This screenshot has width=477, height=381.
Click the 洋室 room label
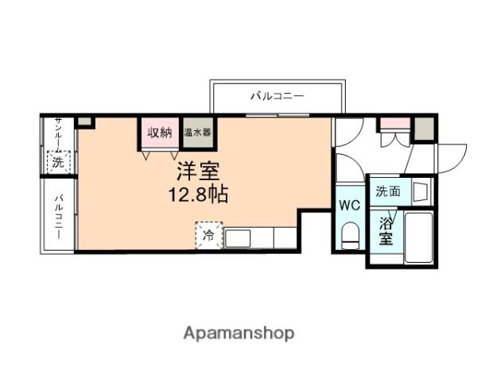tap(198, 171)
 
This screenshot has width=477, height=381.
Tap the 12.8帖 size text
tap(198, 194)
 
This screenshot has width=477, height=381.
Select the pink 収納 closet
tap(160, 133)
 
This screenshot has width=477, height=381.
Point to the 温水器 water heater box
tap(197, 133)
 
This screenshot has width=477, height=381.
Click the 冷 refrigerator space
tap(208, 236)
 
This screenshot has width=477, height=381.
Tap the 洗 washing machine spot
tap(58, 162)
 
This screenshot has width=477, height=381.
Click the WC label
tap(350, 206)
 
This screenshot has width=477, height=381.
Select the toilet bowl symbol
tap(350, 236)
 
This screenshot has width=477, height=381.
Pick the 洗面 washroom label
tap(388, 191)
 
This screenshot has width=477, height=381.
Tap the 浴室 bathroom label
tap(386, 231)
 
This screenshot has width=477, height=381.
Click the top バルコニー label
tap(277, 96)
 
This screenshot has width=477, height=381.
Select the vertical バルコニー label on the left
tap(59, 217)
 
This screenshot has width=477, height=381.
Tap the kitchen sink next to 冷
tap(237, 238)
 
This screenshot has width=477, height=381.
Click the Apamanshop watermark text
tap(238, 333)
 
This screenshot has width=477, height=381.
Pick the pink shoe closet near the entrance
tap(395, 123)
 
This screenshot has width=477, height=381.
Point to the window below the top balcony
tap(277, 115)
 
